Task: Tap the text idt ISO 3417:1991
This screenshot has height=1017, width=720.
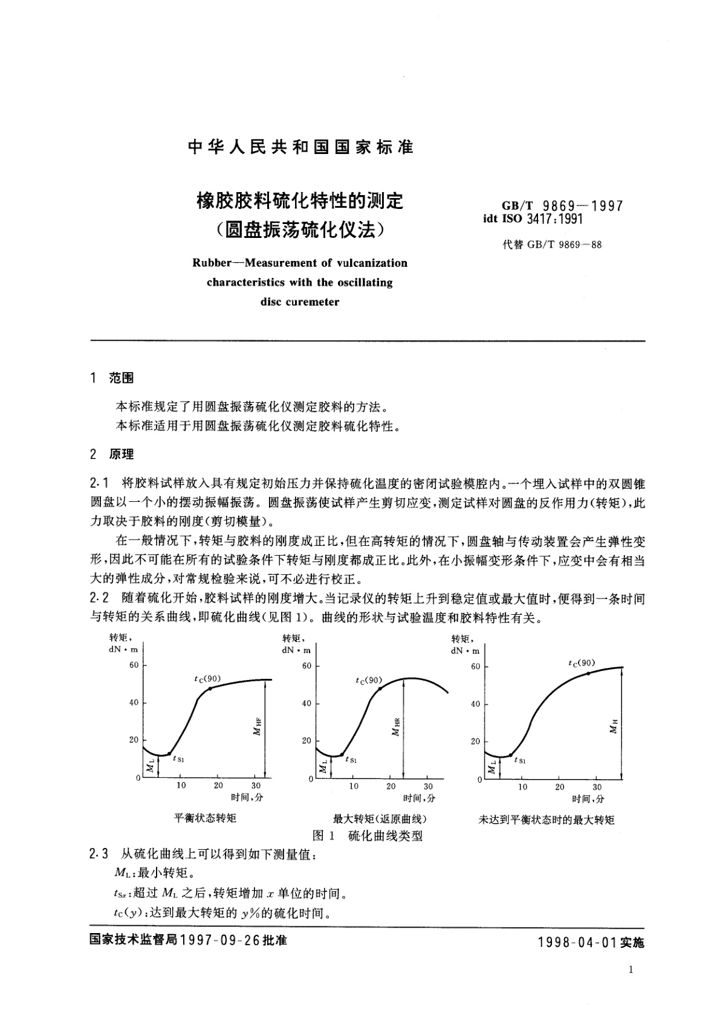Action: [x=533, y=219]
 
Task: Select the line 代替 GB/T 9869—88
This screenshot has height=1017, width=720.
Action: [x=551, y=245]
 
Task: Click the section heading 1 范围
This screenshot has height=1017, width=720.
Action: [x=112, y=378]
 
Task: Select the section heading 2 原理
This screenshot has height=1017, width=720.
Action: [x=112, y=454]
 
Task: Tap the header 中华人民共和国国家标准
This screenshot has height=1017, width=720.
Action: [x=300, y=147]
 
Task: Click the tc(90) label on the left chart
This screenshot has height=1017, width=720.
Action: [x=207, y=679]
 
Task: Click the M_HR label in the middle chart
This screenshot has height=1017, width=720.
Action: [x=396, y=728]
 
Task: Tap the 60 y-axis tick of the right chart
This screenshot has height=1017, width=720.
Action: [x=475, y=666]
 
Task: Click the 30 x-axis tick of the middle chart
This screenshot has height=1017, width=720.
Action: [x=428, y=786]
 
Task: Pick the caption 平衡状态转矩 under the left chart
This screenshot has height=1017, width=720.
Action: [x=205, y=818]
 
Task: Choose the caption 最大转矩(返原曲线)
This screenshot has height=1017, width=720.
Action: [x=380, y=820]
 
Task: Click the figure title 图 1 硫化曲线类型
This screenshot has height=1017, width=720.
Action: [x=367, y=836]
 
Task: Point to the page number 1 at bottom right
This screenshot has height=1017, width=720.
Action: [x=631, y=970]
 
